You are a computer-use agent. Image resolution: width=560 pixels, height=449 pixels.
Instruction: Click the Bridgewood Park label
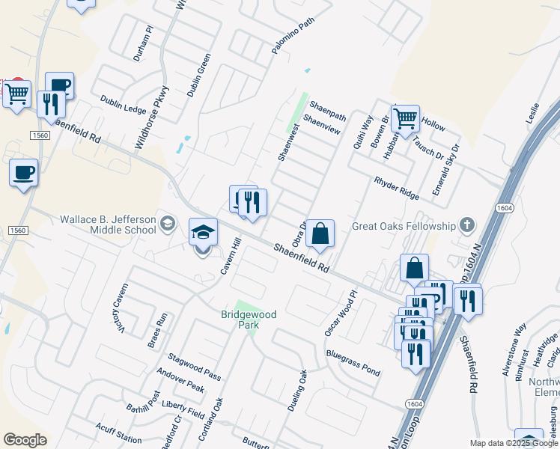249,320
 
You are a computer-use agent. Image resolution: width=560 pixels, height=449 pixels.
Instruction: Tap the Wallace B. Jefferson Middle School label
108,224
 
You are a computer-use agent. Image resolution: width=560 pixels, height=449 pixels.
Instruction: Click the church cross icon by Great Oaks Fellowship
466,224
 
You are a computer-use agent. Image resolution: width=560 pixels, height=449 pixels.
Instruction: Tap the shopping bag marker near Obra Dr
320,233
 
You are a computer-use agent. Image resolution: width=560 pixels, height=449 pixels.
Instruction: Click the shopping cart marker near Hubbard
405,118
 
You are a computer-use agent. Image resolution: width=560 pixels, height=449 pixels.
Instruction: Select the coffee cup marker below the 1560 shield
23,173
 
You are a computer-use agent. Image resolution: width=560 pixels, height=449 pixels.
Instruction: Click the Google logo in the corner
25,440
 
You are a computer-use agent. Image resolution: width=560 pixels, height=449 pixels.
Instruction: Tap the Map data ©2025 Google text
514,443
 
